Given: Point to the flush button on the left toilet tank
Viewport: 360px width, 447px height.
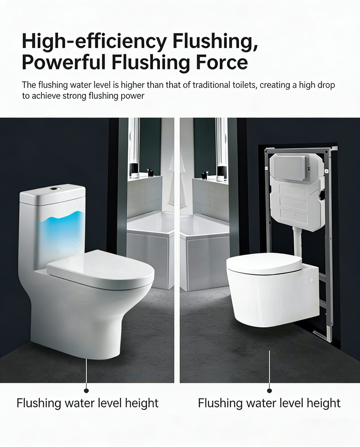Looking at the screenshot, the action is [x=53, y=189].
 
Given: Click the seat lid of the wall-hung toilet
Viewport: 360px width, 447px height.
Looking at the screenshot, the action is [x=264, y=263].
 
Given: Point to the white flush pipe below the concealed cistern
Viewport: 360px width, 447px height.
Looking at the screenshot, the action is [x=298, y=241].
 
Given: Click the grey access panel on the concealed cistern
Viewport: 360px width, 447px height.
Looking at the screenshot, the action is [x=290, y=167].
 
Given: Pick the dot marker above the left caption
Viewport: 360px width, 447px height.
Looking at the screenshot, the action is [x=87, y=391].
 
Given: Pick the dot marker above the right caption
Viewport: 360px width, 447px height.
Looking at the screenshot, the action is [x=269, y=391].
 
